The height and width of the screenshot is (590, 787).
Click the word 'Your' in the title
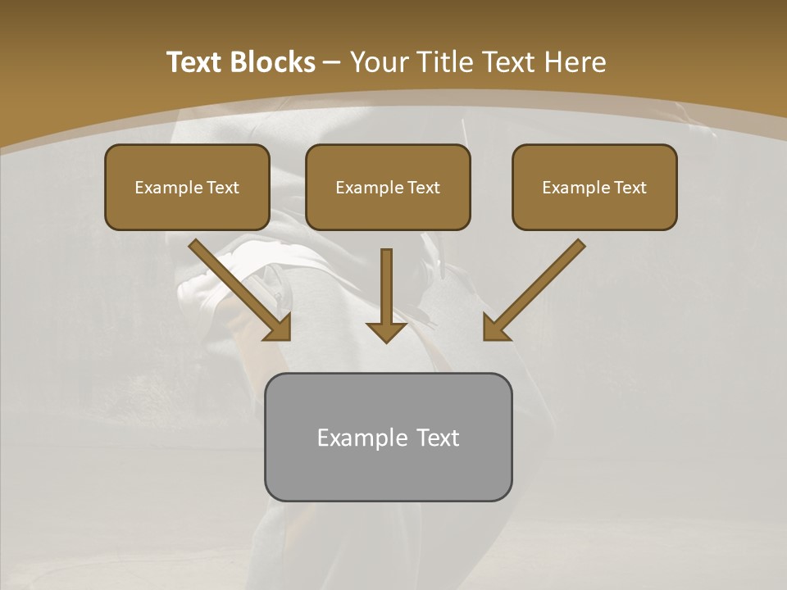(380, 62)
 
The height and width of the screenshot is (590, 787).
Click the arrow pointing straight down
(386, 291)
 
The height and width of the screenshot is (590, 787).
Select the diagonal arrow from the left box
(238, 287)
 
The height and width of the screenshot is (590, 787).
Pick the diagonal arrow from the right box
(537, 287)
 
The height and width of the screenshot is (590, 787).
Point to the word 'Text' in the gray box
(436, 438)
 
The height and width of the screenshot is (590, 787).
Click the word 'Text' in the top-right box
(630, 188)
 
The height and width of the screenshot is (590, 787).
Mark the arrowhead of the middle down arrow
(386, 331)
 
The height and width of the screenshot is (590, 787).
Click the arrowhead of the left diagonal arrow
(280, 327)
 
